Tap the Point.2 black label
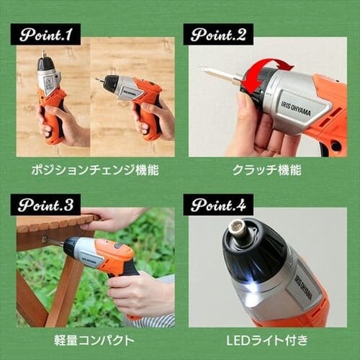(x=218, y=34)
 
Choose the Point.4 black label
(x=218, y=204)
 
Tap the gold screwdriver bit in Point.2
(x=220, y=73)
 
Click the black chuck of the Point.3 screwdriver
(x=71, y=248)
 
